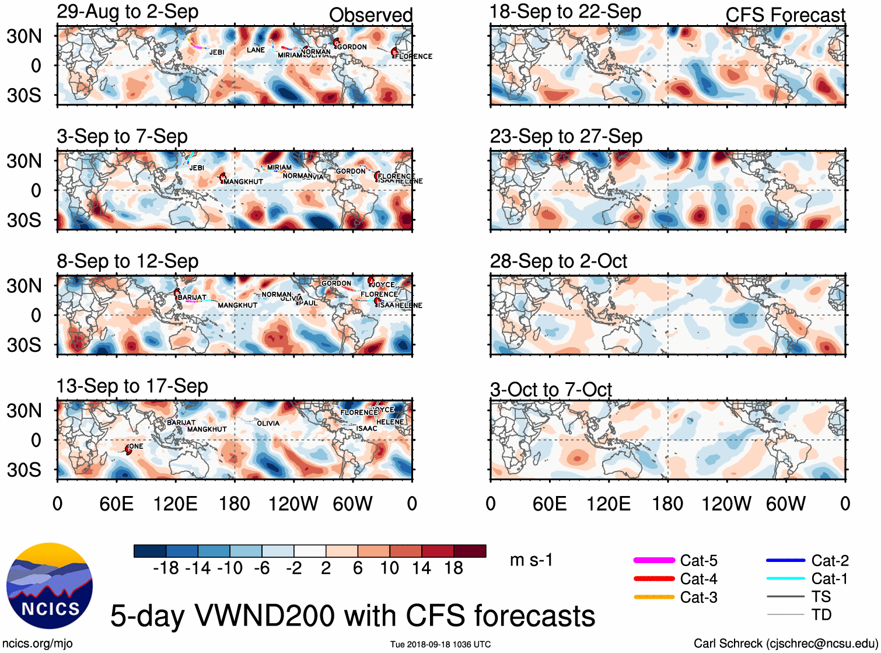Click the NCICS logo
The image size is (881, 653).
(x=50, y=585)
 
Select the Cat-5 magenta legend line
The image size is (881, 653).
(x=653, y=560)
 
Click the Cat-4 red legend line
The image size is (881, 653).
(x=653, y=579)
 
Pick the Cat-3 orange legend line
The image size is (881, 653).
(x=653, y=597)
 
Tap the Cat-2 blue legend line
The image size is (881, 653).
(x=785, y=560)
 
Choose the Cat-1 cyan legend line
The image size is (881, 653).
(x=785, y=579)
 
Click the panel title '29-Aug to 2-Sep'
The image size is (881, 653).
(x=128, y=12)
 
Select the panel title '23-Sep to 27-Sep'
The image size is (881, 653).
(x=566, y=137)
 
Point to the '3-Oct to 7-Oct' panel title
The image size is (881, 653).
(x=551, y=389)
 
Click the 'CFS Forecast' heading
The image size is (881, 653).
(x=785, y=15)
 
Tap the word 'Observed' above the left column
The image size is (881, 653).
(x=371, y=15)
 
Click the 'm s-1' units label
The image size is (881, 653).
(x=531, y=560)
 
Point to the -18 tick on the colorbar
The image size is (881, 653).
(x=166, y=568)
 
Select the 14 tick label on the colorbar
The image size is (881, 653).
(x=421, y=568)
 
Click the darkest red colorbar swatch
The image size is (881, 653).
(x=470, y=551)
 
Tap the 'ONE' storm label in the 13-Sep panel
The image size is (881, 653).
(x=136, y=446)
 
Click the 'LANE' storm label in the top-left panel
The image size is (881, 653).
(x=256, y=50)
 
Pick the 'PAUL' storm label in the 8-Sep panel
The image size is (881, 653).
(x=309, y=303)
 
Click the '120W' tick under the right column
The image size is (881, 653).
(x=726, y=504)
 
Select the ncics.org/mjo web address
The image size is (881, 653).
(x=38, y=644)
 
